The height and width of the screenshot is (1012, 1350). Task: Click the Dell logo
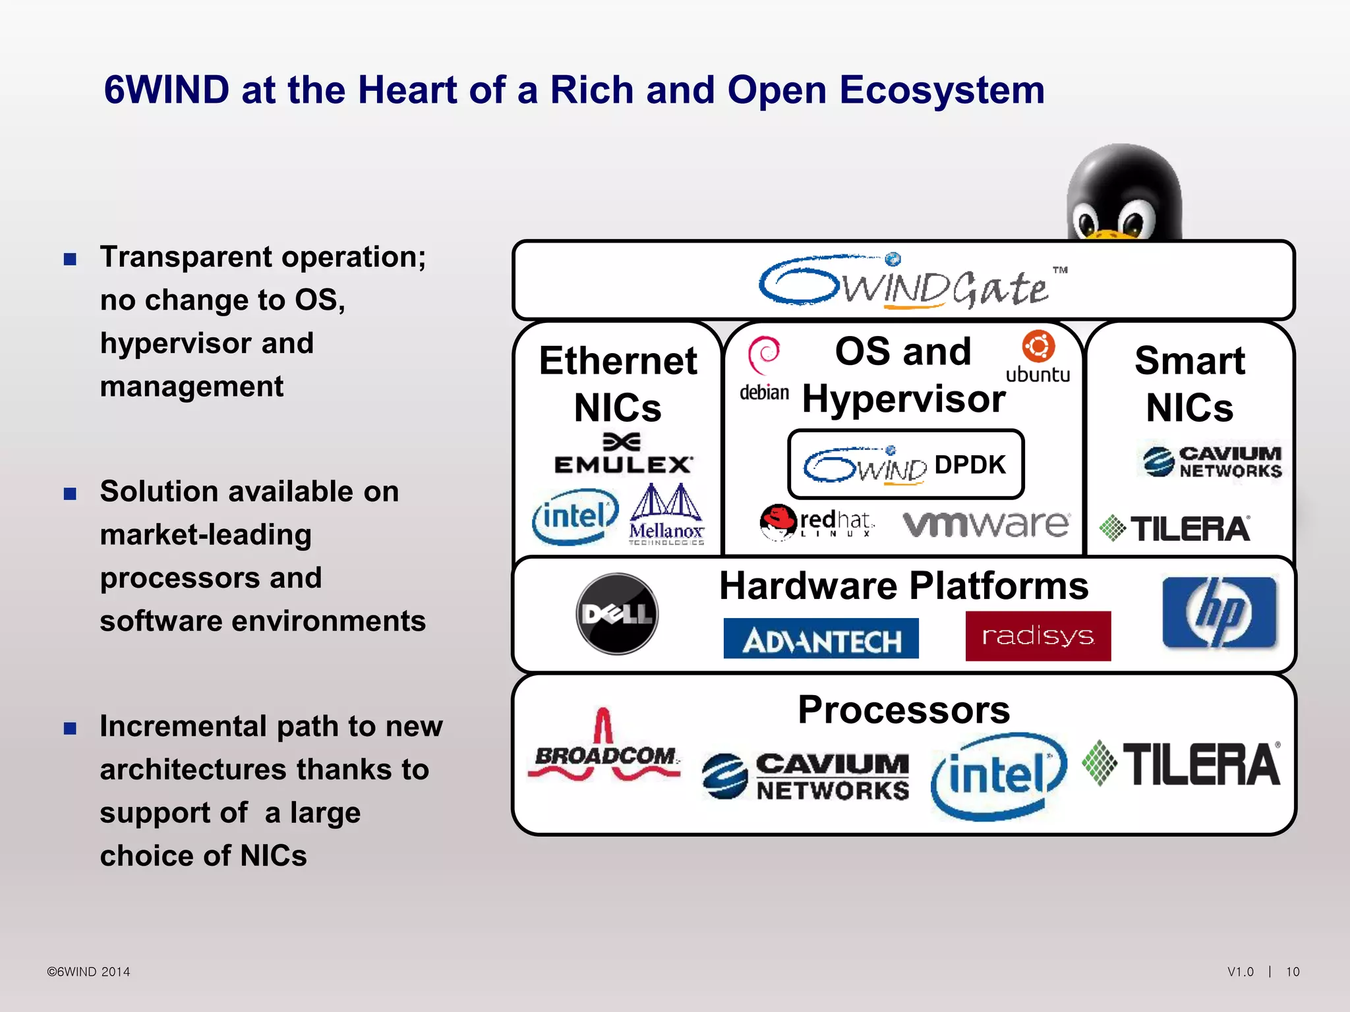(x=617, y=613)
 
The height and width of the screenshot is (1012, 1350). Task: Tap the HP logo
(x=1219, y=612)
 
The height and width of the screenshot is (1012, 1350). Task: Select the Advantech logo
(x=821, y=638)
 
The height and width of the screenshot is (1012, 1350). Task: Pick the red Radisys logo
(x=1038, y=636)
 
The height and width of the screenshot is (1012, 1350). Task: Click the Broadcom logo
(x=604, y=748)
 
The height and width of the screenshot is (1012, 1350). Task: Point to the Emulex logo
(x=623, y=455)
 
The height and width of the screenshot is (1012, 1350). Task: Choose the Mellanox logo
(x=666, y=515)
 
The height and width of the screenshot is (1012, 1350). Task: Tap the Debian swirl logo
(x=764, y=356)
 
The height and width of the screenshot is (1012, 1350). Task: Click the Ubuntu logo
(x=1038, y=356)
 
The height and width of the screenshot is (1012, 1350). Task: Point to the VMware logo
(x=986, y=524)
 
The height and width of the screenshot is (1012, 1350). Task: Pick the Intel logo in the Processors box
(x=998, y=776)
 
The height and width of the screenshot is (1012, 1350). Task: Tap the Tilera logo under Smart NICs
(x=1175, y=528)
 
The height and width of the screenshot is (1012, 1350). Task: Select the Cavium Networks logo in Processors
(x=806, y=775)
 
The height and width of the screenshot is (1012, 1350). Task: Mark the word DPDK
(x=970, y=464)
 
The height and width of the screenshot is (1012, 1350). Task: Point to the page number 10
(x=1293, y=972)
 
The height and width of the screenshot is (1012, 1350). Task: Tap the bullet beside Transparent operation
(x=71, y=259)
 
